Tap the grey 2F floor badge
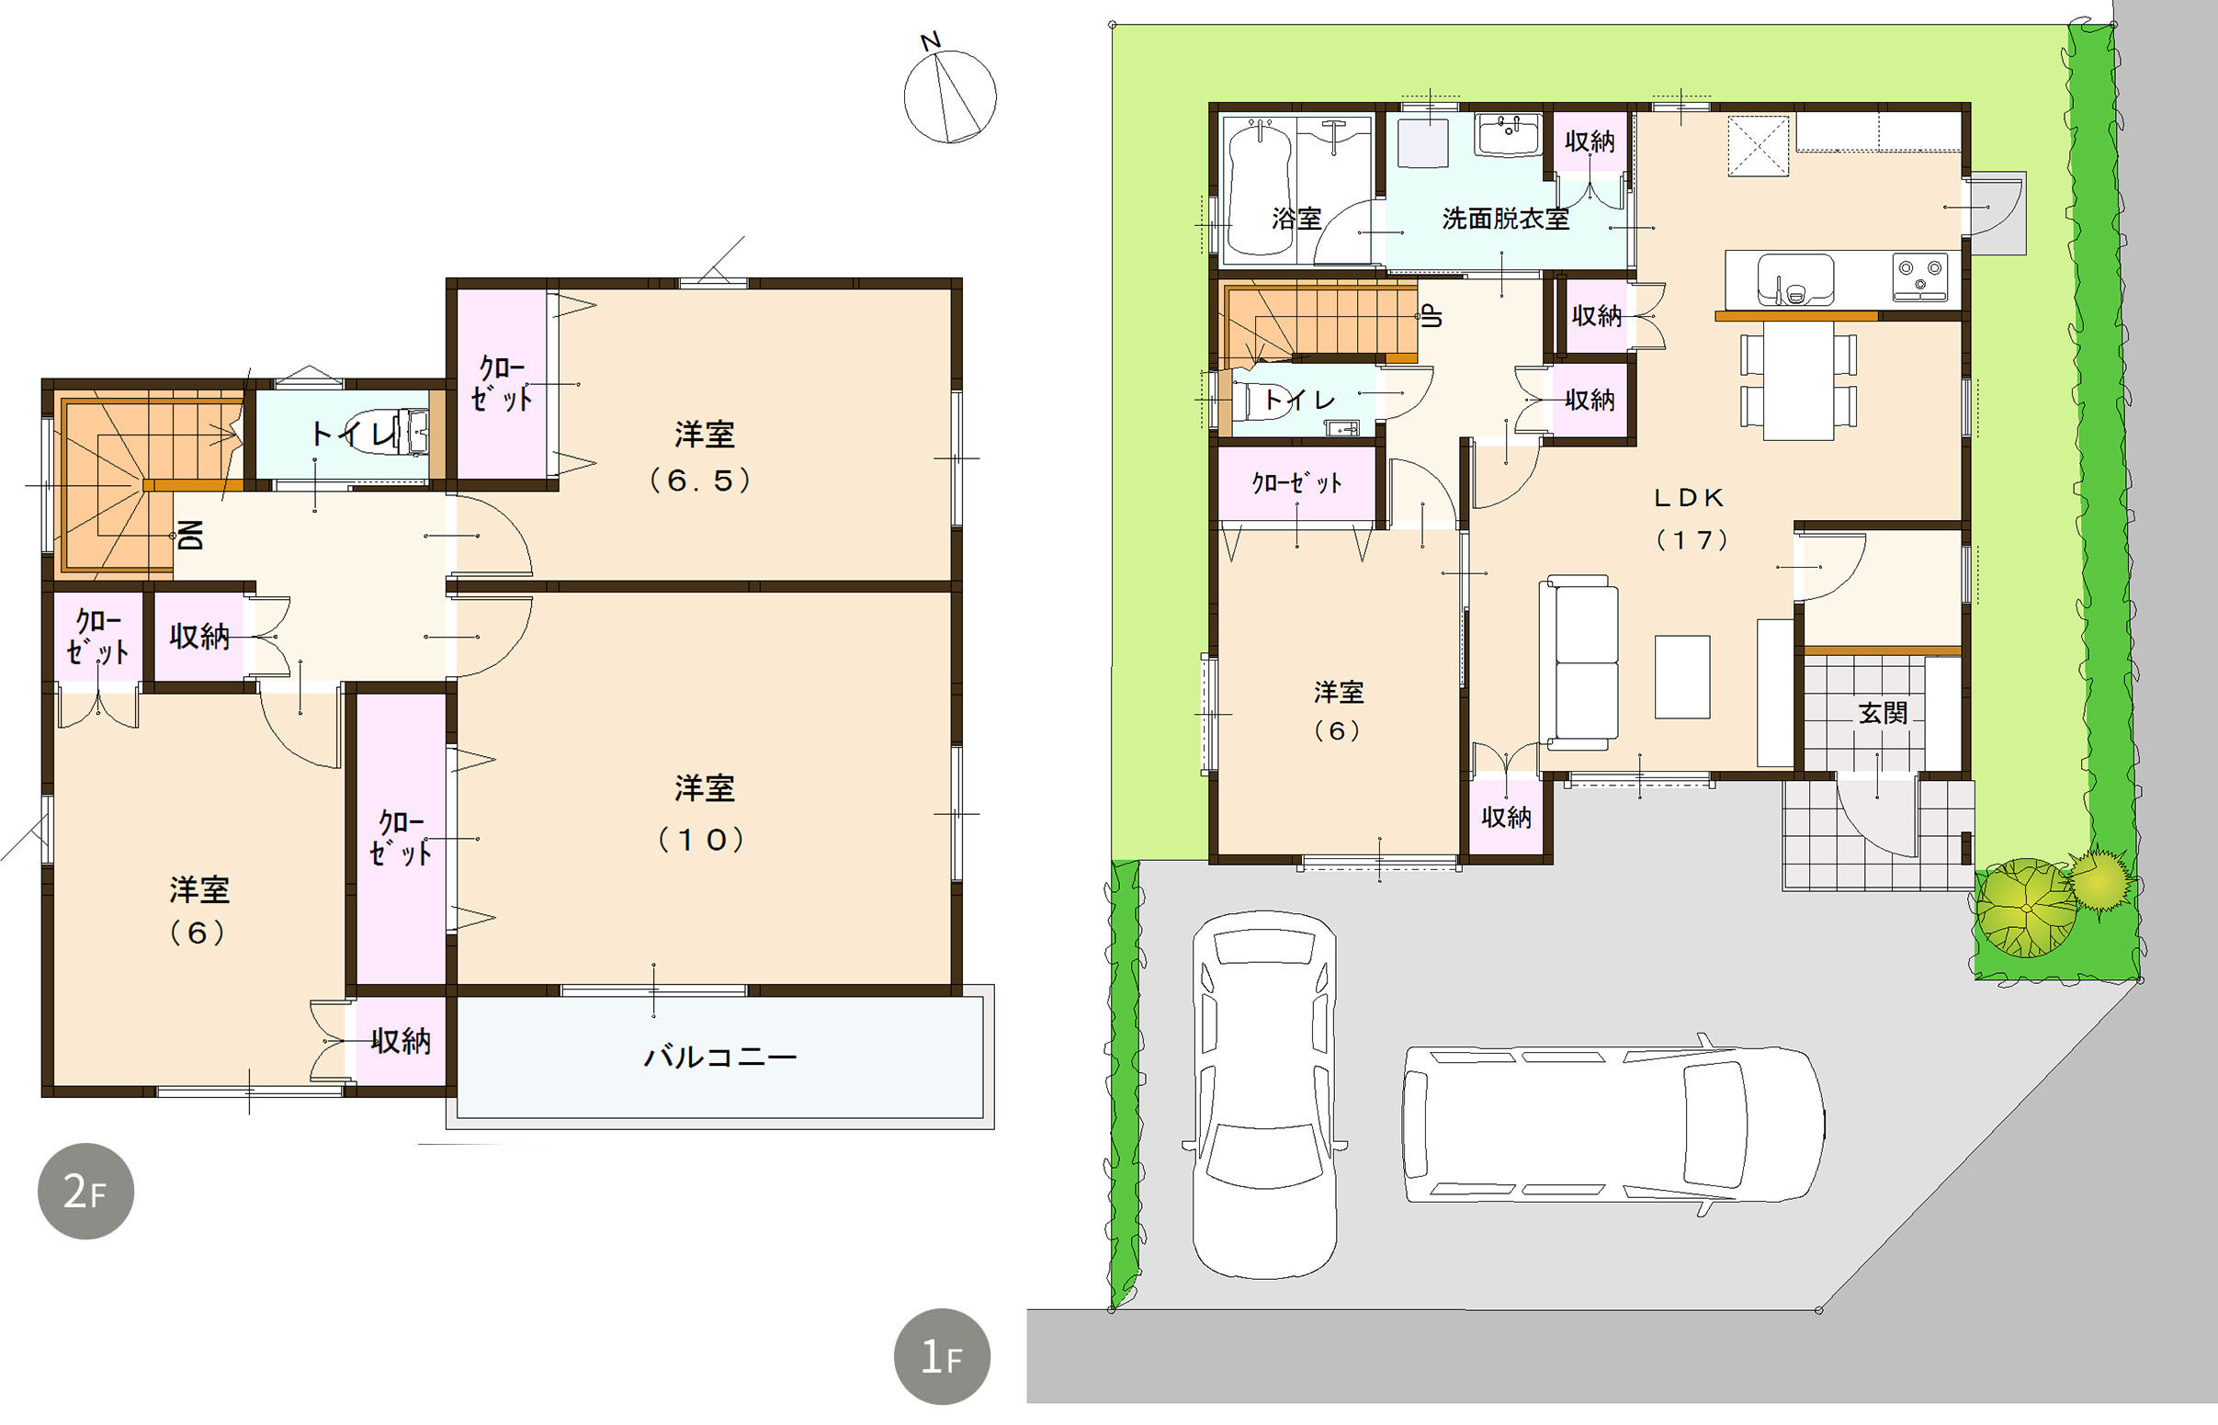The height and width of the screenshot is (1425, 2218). (x=85, y=1191)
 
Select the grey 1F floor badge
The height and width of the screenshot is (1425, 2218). (x=942, y=1356)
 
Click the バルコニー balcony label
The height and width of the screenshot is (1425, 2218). (x=720, y=1056)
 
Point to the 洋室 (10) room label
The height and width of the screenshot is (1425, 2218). (x=703, y=813)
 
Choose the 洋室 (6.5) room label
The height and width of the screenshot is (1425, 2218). (x=702, y=458)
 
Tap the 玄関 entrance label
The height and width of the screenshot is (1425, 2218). (x=1883, y=713)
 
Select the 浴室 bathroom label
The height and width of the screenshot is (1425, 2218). (x=1296, y=219)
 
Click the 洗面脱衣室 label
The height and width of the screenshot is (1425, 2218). (x=1506, y=219)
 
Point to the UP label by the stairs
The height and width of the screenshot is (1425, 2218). (x=1432, y=315)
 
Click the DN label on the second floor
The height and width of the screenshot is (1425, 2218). (x=189, y=535)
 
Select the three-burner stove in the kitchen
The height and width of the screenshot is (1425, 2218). (x=1920, y=277)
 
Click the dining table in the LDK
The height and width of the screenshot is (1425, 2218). (x=1798, y=380)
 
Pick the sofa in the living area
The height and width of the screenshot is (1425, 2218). (x=1579, y=662)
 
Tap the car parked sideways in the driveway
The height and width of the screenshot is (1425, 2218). (x=1613, y=1125)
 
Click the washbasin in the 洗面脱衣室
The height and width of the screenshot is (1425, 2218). (x=1508, y=135)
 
